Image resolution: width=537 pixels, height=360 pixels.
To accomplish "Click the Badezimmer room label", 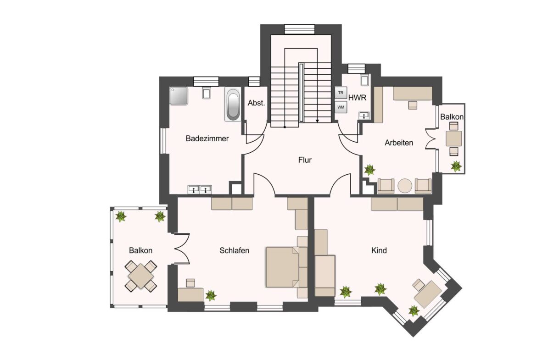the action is [207, 138].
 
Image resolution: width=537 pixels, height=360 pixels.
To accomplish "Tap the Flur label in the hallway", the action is [305, 160].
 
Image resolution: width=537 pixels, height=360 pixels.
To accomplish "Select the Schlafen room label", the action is [234, 250].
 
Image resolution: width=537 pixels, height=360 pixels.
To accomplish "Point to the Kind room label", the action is [379, 250].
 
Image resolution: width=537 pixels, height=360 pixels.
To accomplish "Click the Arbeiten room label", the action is [399, 143].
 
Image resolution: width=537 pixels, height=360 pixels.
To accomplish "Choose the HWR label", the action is [357, 98].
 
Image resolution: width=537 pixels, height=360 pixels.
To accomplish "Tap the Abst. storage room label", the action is [257, 103].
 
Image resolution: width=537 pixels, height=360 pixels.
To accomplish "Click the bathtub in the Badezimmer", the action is [233, 105].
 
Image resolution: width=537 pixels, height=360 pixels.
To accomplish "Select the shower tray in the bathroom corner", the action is [179, 96].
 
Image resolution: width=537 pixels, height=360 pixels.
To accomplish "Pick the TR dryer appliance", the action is [341, 93].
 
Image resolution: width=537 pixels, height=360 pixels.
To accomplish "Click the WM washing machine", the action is [341, 107].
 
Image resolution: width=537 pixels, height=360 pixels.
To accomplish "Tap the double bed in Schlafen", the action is [283, 267].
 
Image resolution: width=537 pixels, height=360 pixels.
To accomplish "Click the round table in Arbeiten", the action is [405, 186].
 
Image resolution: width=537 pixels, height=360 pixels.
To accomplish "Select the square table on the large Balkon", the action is [141, 276].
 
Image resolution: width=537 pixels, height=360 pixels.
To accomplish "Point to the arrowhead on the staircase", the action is [318, 121].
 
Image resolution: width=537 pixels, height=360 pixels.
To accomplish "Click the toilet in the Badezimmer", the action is [206, 92].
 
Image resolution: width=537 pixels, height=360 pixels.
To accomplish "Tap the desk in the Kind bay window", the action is [427, 294].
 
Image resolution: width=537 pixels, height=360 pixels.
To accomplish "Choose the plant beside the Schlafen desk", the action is [210, 295].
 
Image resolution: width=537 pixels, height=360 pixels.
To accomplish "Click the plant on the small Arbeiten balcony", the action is [456, 166].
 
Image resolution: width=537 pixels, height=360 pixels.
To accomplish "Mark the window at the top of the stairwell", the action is [299, 29].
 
